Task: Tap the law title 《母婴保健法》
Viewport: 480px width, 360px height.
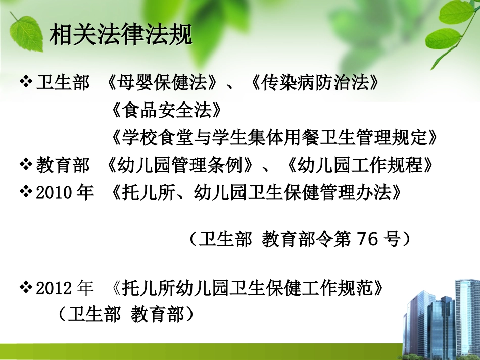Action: coord(165,83)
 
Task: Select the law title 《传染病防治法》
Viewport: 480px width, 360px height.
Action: coord(314,83)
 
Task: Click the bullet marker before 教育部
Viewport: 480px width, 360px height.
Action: coord(26,164)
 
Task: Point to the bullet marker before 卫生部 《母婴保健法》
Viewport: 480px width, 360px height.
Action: coord(26,82)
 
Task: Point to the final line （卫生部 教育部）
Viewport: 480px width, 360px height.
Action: coord(126,315)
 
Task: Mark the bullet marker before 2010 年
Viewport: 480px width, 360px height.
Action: coord(26,191)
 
